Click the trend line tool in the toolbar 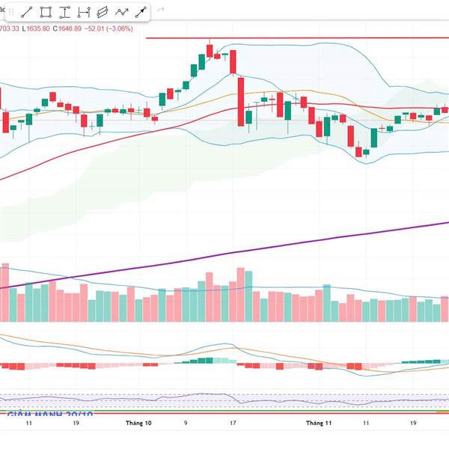[x=26, y=12]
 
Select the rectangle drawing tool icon [x=46, y=12]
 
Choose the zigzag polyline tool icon [x=121, y=12]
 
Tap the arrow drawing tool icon [x=140, y=12]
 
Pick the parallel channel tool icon [x=103, y=12]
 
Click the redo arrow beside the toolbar [x=160, y=12]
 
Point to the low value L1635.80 [x=36, y=28]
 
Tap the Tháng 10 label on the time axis [x=139, y=423]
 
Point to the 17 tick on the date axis [x=235, y=423]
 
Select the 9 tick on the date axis [x=186, y=423]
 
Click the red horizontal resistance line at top [x=299, y=37]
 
